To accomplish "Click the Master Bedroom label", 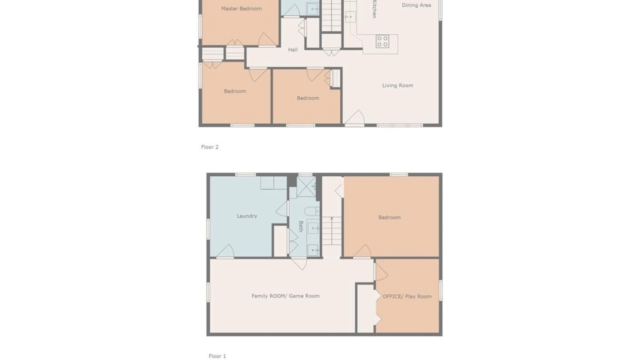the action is [x=241, y=9].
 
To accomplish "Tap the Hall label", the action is [x=293, y=49].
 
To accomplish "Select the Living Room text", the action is [x=397, y=85].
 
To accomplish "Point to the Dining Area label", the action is [x=416, y=5].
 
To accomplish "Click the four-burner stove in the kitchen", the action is [x=382, y=41].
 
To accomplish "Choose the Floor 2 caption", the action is [x=209, y=147].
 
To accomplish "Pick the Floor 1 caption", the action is [x=217, y=356].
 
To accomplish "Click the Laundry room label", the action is [x=247, y=216].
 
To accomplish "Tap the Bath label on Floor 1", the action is [x=301, y=226].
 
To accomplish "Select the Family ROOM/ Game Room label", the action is [x=285, y=296].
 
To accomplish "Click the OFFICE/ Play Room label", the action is [x=407, y=296].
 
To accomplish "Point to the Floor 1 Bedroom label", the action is [x=389, y=217].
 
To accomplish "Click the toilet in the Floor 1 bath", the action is [x=311, y=211].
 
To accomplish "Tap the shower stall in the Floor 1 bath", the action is [x=306, y=186].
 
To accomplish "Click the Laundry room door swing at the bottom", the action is [x=226, y=251].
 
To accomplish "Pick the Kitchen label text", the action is [x=374, y=9].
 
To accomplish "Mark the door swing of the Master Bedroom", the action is [x=267, y=39].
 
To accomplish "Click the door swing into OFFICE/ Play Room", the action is [x=381, y=271].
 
